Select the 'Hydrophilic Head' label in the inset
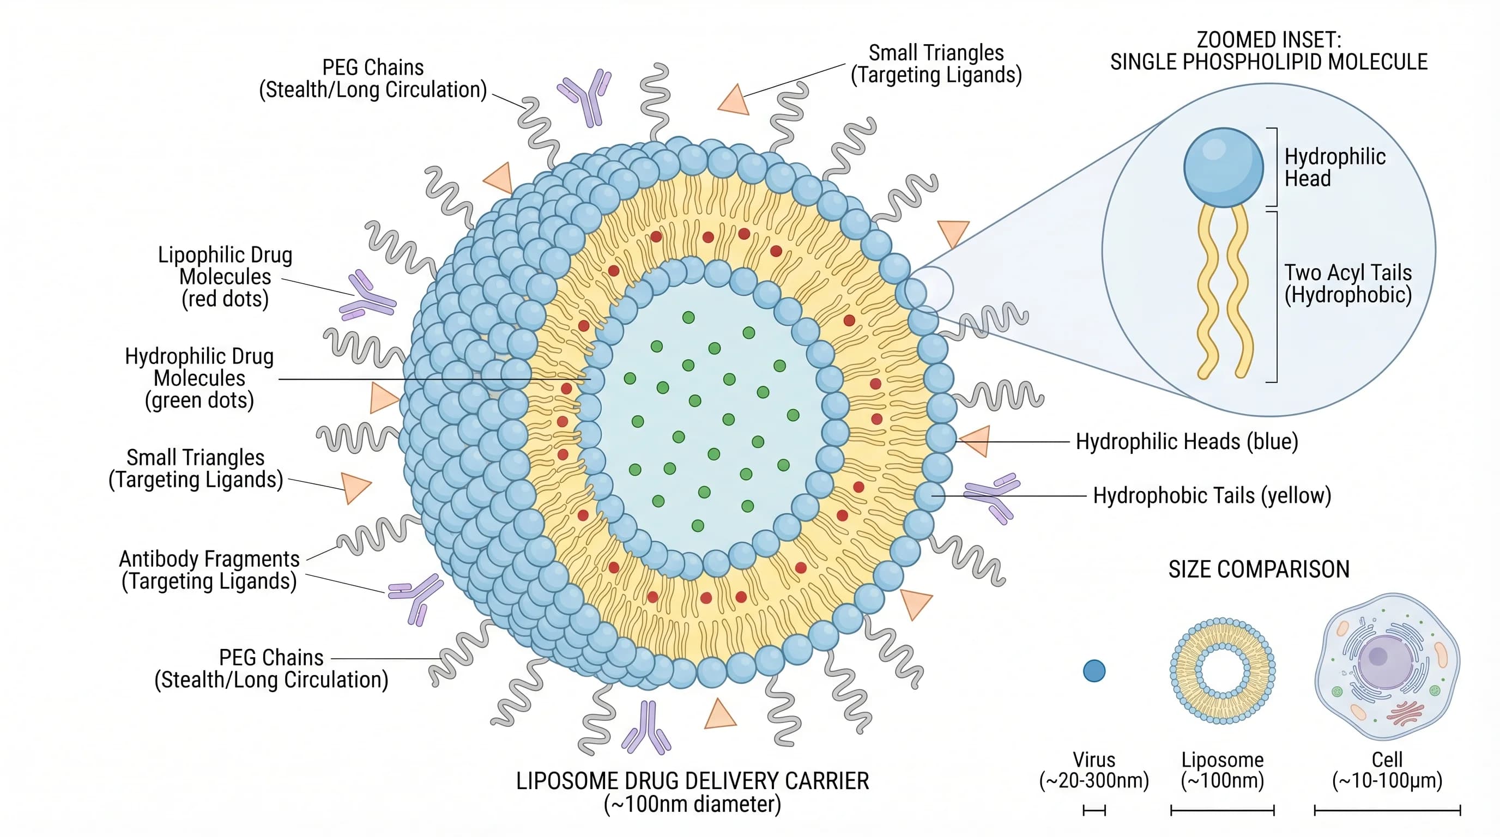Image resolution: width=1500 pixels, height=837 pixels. pos(1335,167)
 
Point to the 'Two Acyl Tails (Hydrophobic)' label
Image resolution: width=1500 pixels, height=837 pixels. pos(1348,283)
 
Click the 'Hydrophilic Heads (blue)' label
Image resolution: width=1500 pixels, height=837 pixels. pos(1187,442)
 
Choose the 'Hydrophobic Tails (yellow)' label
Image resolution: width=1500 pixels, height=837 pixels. pos(1212,496)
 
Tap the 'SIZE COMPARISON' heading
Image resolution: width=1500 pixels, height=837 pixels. pos(1259,569)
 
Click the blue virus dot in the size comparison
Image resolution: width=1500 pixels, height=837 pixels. pos(1094,671)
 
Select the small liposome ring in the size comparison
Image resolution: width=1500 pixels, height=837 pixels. pos(1222,671)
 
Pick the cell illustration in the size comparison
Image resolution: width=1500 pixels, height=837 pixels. pos(1388,666)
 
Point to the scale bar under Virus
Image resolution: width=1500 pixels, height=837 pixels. pos(1094,810)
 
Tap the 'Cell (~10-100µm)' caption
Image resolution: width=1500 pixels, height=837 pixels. pos(1387,770)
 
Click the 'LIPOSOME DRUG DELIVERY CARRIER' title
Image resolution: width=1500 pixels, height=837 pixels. pos(692,781)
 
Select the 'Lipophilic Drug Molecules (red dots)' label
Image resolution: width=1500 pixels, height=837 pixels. pos(225,277)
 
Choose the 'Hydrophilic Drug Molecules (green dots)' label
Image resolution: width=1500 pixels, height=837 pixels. pos(199,378)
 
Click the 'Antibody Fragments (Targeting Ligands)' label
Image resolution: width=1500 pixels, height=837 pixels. pos(209,570)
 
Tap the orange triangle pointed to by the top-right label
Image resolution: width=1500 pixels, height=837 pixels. pos(734,101)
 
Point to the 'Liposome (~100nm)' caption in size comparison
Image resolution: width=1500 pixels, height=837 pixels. pos(1222,770)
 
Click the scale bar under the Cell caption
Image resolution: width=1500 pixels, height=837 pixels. pos(1387,810)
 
